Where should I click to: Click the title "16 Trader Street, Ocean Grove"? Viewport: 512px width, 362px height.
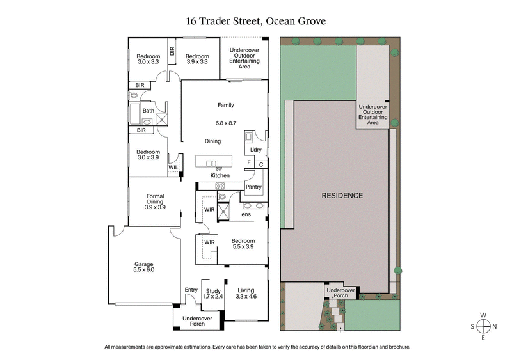tap(255, 20)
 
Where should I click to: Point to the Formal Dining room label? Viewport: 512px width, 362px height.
tap(155, 201)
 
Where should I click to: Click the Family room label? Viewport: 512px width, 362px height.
tap(225, 105)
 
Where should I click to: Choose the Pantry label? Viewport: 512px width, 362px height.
tap(254, 187)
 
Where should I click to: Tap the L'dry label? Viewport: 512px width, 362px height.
tap(256, 150)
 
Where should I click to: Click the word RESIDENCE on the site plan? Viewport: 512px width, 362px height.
tap(342, 196)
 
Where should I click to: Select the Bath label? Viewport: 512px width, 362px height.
tap(148, 111)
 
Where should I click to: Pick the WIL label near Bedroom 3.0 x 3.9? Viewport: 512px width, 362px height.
tap(173, 167)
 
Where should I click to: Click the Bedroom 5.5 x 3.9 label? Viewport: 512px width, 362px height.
tap(243, 244)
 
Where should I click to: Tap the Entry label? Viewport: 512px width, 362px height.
tap(191, 290)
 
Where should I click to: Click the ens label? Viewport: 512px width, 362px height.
tap(246, 215)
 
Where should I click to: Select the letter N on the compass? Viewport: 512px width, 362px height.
tap(495, 326)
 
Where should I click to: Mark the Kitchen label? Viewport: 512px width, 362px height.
tap(220, 175)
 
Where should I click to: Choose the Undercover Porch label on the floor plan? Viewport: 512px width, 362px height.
tap(197, 320)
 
